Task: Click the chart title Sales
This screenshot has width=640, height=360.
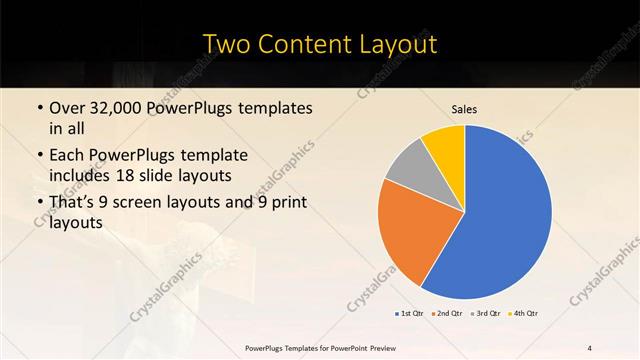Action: coord(464,109)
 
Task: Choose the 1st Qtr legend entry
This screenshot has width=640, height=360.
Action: coord(410,314)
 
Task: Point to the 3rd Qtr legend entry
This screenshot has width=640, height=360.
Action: coord(487,314)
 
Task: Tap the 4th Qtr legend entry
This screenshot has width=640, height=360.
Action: coord(525,314)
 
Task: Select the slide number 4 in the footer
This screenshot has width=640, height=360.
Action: coord(590,347)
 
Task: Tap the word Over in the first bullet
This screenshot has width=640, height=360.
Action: coord(65,107)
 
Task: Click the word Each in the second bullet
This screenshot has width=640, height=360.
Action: coord(65,156)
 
